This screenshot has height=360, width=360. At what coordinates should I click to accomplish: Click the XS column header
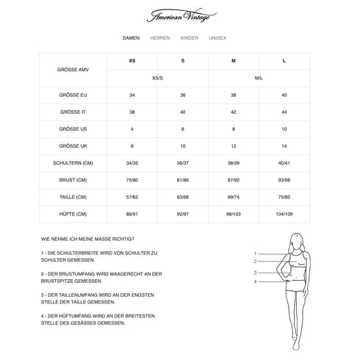[x=132, y=60]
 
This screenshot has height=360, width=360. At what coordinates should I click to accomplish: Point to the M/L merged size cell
[x=259, y=77]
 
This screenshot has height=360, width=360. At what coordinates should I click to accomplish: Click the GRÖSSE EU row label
[x=73, y=95]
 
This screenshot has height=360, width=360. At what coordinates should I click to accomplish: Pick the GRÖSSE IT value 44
[x=284, y=112]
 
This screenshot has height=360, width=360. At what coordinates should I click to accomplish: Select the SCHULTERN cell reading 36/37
[x=183, y=162]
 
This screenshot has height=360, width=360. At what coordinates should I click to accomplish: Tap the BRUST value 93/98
[x=284, y=179]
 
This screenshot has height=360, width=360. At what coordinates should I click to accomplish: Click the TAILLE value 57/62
[x=132, y=196]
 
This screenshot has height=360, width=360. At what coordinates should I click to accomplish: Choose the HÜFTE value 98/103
[x=233, y=213]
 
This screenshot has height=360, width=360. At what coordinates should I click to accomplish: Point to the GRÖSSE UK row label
[x=73, y=145]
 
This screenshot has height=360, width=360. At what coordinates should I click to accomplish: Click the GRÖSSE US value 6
[x=183, y=129]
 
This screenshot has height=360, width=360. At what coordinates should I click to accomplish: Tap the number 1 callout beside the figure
[x=255, y=252]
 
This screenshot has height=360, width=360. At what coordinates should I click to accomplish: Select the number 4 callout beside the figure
[x=255, y=281]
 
